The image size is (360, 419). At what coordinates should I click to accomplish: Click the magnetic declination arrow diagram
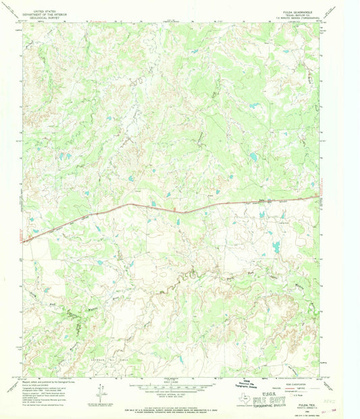tap(100, 393)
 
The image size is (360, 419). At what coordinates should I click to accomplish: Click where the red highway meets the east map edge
tap(317, 197)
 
